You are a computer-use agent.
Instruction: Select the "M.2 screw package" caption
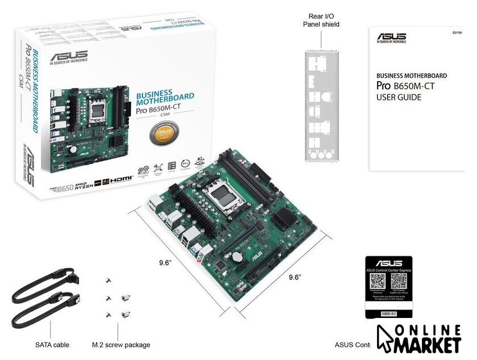click(x=121, y=344)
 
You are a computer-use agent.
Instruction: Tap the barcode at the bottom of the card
click(x=387, y=312)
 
